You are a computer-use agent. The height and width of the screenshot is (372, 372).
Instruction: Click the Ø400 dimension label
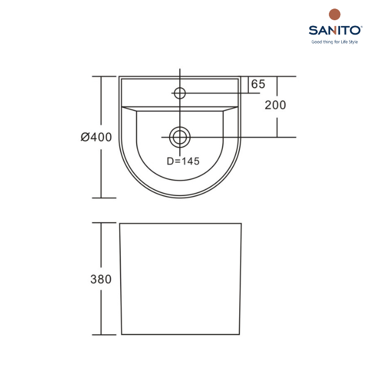coord(96,137)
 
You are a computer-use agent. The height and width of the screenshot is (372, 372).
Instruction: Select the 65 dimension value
coord(258,84)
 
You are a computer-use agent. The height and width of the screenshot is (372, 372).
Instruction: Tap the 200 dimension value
coord(275,105)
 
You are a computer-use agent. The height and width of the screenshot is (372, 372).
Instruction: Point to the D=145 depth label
coord(183,162)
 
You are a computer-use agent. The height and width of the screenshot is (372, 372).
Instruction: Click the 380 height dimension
coord(101,279)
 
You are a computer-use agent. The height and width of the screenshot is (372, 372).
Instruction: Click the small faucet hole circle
coord(180,93)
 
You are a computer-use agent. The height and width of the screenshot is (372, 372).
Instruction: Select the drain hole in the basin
coord(180,137)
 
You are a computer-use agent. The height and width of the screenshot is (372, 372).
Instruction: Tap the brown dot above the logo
coord(334,14)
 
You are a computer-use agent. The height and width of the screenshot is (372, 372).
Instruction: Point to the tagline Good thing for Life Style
coord(334,42)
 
